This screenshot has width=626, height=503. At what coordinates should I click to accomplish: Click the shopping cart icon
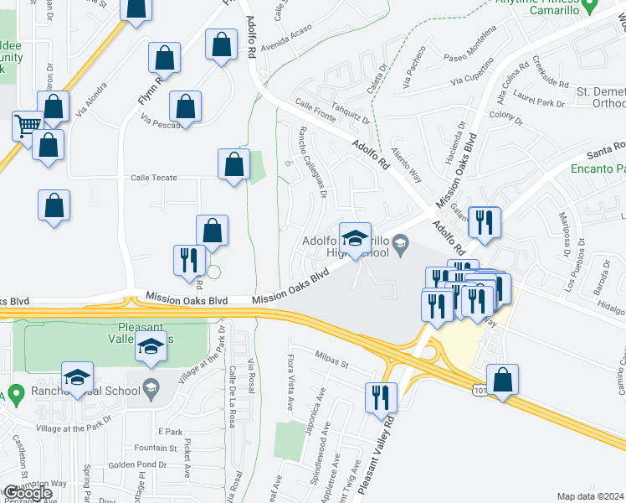pyautogui.click(x=28, y=126)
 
